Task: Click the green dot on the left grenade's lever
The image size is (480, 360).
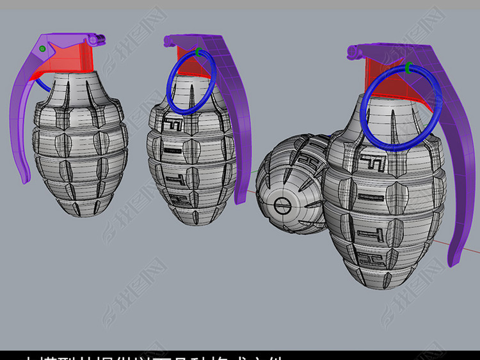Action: [42, 49]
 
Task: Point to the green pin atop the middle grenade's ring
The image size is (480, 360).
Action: [198, 52]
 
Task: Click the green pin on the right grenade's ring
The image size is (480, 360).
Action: [408, 67]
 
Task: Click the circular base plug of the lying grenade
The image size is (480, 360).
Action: [282, 206]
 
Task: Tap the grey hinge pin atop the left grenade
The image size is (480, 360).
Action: [97, 40]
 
